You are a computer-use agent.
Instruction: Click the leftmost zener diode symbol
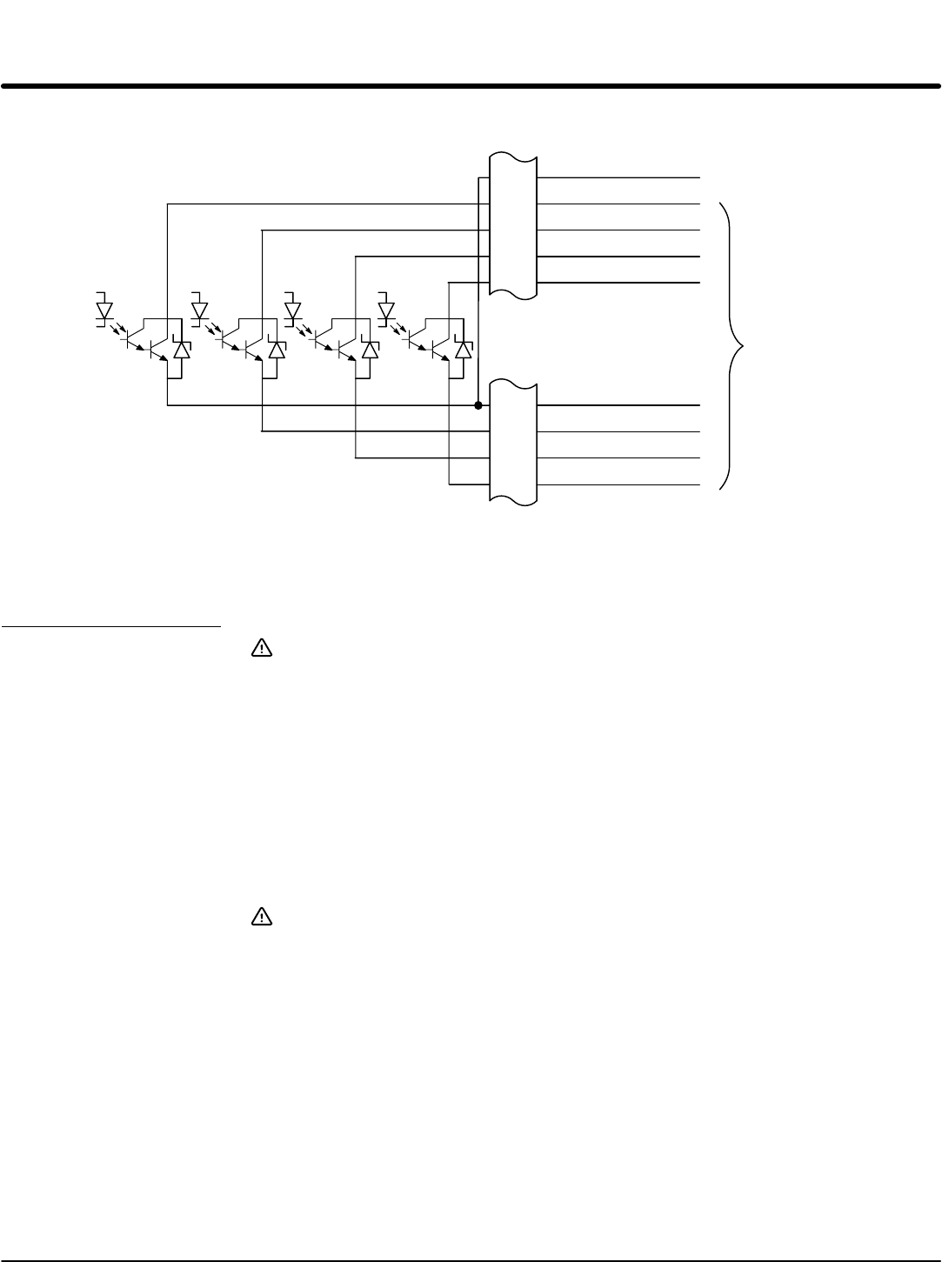pyautogui.click(x=182, y=350)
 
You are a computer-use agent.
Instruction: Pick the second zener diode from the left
pyautogui.click(x=277, y=350)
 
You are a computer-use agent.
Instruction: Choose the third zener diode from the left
pyautogui.click(x=371, y=350)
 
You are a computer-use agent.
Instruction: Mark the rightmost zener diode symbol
pyautogui.click(x=464, y=350)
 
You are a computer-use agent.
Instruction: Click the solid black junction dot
pyautogui.click(x=478, y=405)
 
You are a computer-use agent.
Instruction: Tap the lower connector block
pyautogui.click(x=513, y=439)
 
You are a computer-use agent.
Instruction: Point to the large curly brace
pyautogui.click(x=733, y=347)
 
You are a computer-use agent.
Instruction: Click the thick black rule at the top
pyautogui.click(x=471, y=86)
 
